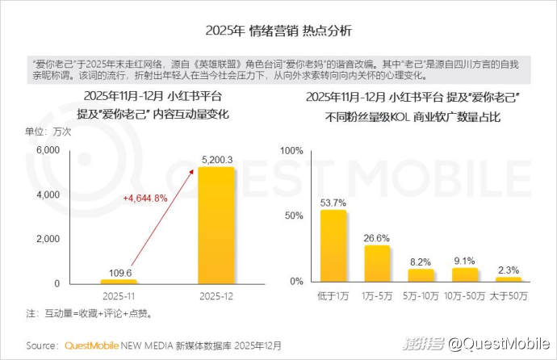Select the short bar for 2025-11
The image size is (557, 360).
tap(119, 282)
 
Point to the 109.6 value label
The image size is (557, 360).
tap(119, 272)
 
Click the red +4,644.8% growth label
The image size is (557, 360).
tap(145, 198)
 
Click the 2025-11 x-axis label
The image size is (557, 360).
tap(119, 297)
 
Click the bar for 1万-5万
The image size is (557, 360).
tap(377, 263)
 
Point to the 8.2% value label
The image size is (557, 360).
tap(421, 262)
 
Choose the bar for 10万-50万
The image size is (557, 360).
tap(465, 274)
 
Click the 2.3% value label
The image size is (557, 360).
tap(509, 270)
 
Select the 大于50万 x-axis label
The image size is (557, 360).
tap(509, 296)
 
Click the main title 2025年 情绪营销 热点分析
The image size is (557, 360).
tap(278, 31)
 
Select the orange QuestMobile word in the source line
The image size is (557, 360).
tap(91, 345)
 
